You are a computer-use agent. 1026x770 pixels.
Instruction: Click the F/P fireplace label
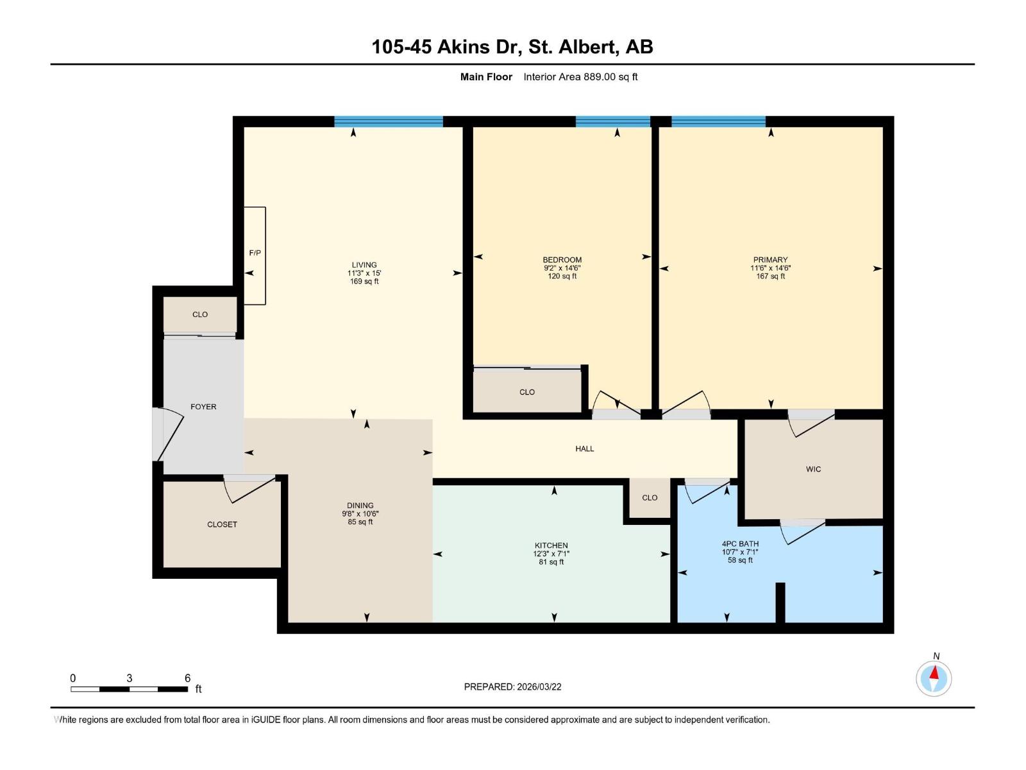(x=255, y=253)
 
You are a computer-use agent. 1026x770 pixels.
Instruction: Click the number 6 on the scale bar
(x=187, y=678)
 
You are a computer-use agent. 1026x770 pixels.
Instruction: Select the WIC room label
(x=813, y=469)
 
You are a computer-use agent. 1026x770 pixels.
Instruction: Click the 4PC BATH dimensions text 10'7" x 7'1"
(x=740, y=552)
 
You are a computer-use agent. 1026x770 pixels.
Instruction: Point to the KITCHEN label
(x=551, y=545)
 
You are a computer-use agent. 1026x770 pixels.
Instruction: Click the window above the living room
(x=388, y=121)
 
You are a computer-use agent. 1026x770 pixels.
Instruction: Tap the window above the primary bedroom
(x=718, y=121)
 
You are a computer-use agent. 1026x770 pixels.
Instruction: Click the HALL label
(x=584, y=449)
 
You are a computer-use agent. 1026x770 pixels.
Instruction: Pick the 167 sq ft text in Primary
(x=770, y=277)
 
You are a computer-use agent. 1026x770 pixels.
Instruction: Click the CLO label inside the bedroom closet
(x=526, y=392)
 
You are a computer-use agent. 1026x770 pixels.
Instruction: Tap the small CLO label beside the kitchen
(x=649, y=497)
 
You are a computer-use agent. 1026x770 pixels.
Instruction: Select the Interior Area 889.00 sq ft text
(x=580, y=77)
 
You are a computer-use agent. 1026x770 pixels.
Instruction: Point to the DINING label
(x=360, y=506)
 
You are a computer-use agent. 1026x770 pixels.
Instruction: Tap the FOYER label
(x=203, y=407)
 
